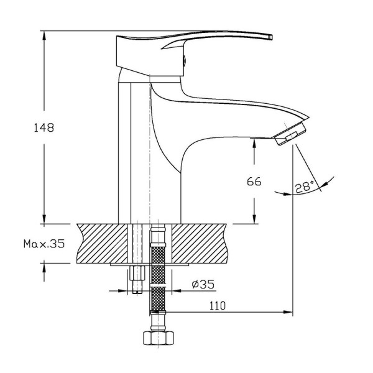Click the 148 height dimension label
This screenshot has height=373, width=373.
point(44,127)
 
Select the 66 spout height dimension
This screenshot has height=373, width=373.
point(254,182)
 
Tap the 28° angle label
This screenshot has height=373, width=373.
point(305,187)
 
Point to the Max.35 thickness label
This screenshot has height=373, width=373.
point(44,244)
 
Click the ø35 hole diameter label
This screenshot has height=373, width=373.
point(203,284)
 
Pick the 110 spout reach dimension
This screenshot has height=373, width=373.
point(217,306)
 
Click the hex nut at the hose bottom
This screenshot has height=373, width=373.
point(159,338)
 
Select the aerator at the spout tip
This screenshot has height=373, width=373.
point(290,134)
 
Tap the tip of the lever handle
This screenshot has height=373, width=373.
point(272,37)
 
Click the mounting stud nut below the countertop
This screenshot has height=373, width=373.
point(137,274)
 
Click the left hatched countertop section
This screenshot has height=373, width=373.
point(103,244)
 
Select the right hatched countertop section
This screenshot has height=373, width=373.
point(200,244)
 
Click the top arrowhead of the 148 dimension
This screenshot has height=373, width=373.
point(44,35)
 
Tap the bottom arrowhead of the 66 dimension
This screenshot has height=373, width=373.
point(254,219)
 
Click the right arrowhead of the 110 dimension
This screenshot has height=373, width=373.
point(288,312)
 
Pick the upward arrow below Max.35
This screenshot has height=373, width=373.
point(44,272)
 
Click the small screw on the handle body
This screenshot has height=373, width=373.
point(184,60)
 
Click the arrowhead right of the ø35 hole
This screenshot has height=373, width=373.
point(177,291)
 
